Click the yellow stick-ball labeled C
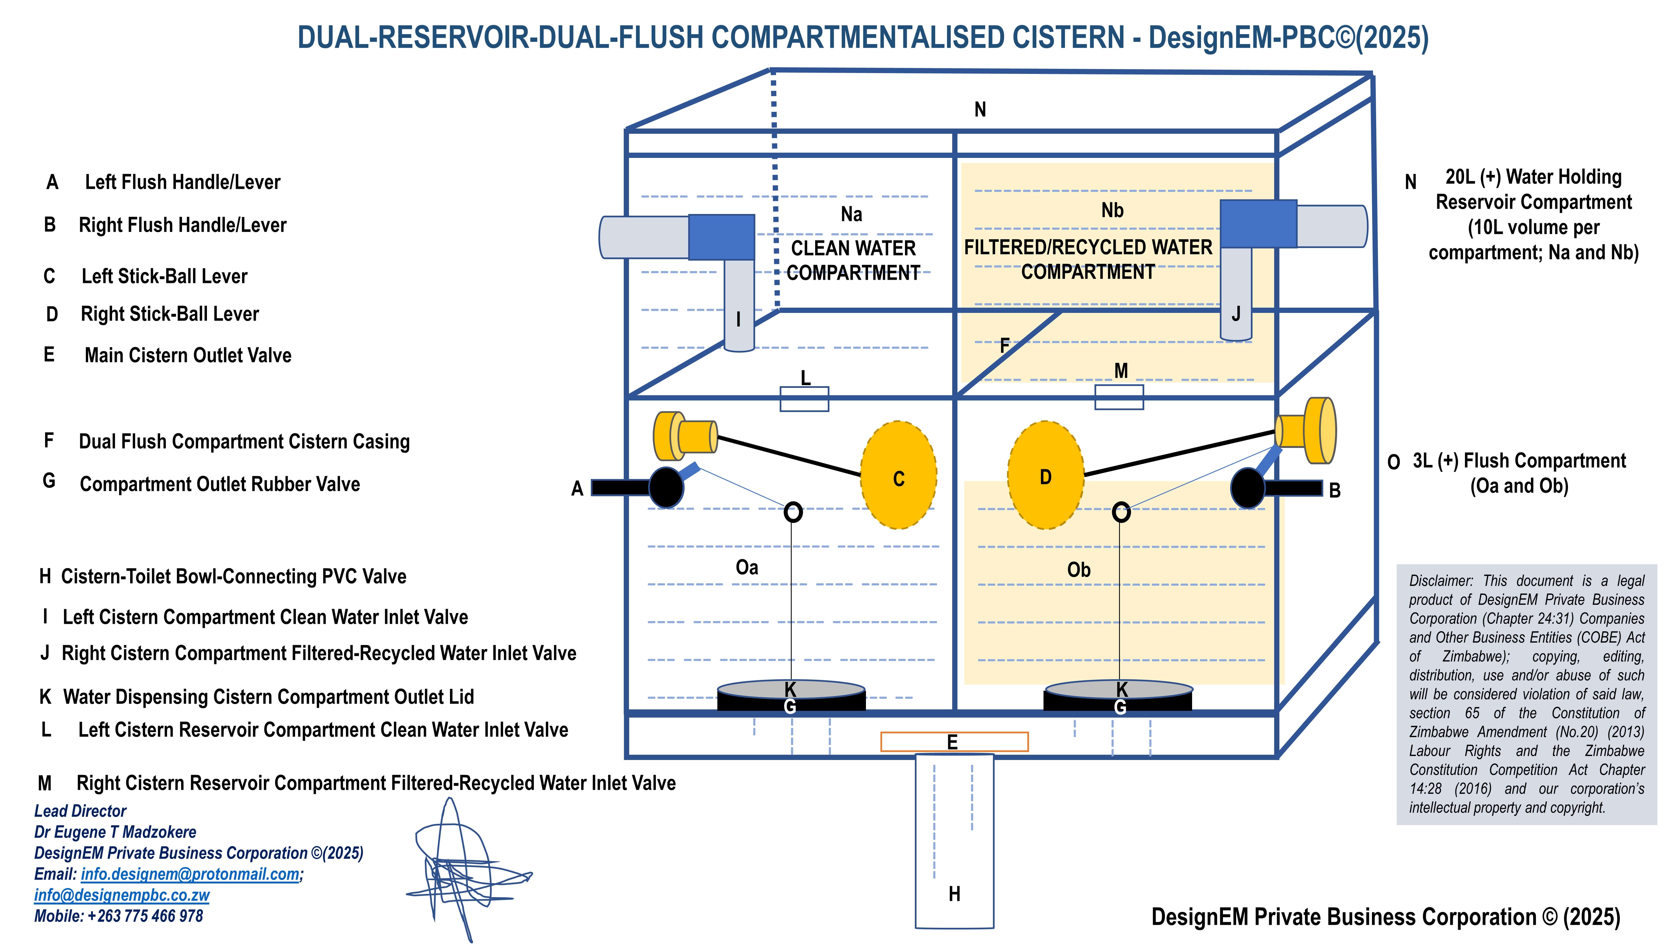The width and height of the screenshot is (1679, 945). tap(898, 475)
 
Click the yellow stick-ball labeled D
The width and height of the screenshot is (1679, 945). tap(1045, 475)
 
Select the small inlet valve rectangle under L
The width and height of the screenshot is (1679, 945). tap(804, 399)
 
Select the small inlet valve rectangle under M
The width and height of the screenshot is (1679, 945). tap(1119, 397)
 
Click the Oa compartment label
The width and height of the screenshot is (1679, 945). tap(747, 567)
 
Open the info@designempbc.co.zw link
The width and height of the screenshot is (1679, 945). tap(122, 895)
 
